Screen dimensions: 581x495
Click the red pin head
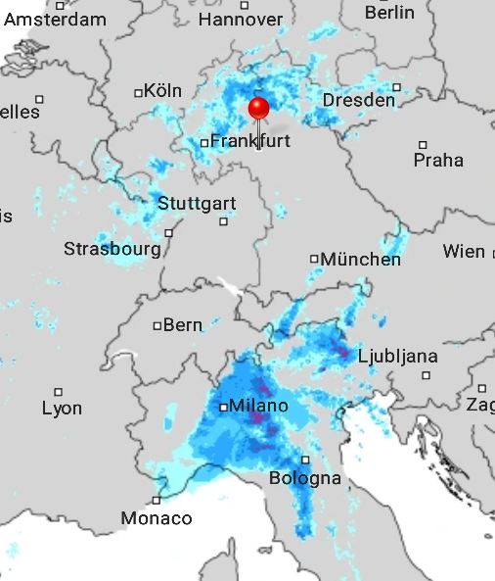(x=258, y=107)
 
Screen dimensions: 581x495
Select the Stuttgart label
(x=197, y=204)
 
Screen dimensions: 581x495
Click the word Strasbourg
(x=112, y=249)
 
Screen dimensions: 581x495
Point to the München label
(x=361, y=260)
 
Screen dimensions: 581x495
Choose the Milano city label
(x=258, y=406)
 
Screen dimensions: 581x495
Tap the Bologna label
(x=305, y=478)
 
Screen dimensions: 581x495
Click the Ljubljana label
(x=398, y=356)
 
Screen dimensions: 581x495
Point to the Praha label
(x=438, y=160)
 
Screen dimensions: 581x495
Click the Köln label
(x=163, y=91)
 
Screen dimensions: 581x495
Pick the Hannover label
(x=240, y=20)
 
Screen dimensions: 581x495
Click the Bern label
(x=182, y=325)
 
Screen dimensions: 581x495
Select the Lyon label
(x=62, y=409)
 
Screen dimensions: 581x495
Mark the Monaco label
(x=157, y=518)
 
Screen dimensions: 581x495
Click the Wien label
(x=463, y=252)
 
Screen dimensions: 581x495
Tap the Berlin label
(x=389, y=13)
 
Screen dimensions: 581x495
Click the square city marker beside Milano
(x=223, y=406)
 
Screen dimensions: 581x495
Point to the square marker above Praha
(x=424, y=144)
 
